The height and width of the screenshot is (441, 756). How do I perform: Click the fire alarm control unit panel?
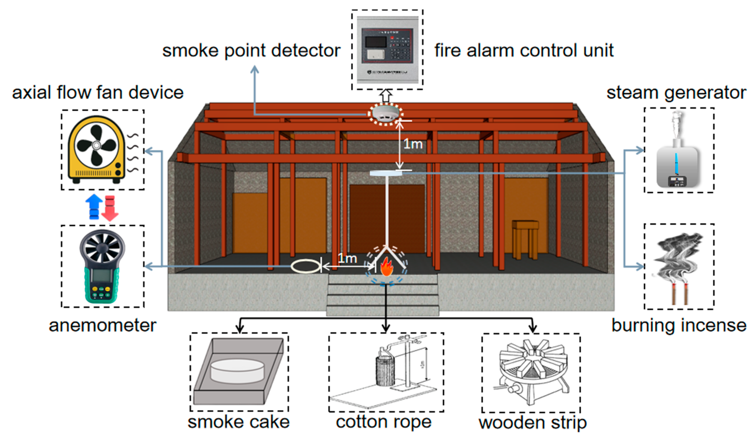pyautogui.click(x=387, y=50)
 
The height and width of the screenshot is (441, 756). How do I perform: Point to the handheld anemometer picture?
pyautogui.click(x=102, y=266)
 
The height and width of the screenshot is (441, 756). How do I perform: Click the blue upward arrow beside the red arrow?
pyautogui.click(x=94, y=206)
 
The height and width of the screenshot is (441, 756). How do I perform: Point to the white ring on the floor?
pyautogui.click(x=306, y=266)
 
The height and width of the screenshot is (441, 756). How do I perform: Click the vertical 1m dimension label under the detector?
pyautogui.click(x=413, y=144)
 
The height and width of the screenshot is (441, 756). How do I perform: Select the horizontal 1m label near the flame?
pyautogui.click(x=347, y=258)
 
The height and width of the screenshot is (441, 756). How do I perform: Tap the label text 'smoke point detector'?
pyautogui.click(x=251, y=51)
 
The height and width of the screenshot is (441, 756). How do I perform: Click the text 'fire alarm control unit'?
pyautogui.click(x=524, y=51)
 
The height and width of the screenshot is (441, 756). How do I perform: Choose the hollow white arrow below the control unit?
pyautogui.click(x=386, y=96)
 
